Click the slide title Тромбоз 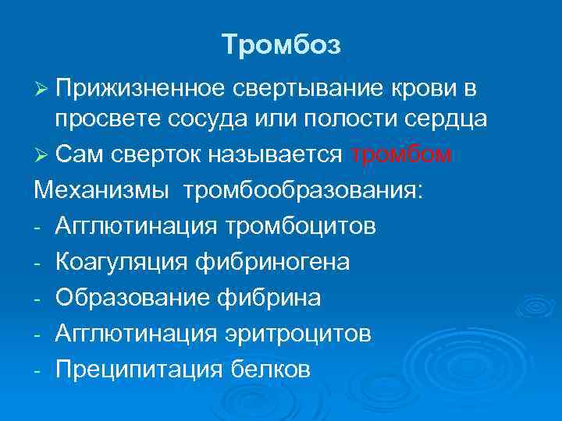(x=281, y=44)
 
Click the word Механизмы (x=96, y=192)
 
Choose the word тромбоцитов (x=301, y=227)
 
